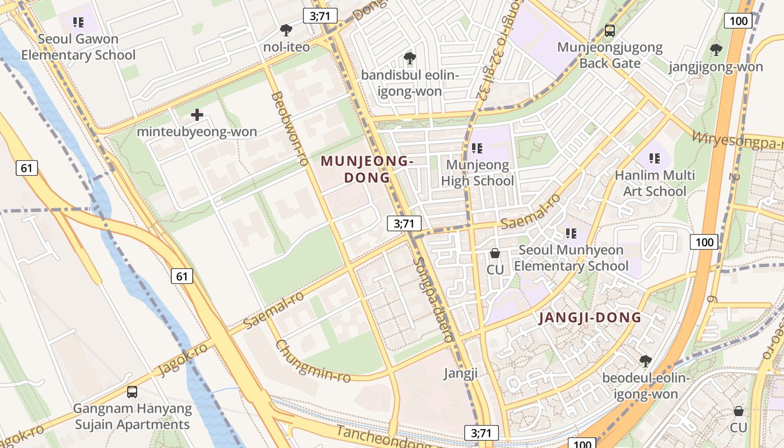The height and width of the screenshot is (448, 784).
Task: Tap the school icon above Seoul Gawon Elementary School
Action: pyautogui.click(x=78, y=22)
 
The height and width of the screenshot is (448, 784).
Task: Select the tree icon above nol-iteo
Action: pyautogui.click(x=286, y=30)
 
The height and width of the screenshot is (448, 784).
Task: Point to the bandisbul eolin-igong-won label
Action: pyautogui.click(x=410, y=83)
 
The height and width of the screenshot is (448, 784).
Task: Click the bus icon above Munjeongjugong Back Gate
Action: pyautogui.click(x=610, y=31)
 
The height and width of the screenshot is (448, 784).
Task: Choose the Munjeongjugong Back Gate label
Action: pyautogui.click(x=610, y=55)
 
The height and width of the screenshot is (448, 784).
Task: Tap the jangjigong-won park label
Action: pyautogui.click(x=716, y=67)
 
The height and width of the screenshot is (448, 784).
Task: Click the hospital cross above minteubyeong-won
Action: pyautogui.click(x=197, y=115)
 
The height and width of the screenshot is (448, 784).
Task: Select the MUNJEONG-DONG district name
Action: pyautogui.click(x=367, y=169)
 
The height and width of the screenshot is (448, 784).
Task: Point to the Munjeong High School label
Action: pyautogui.click(x=477, y=172)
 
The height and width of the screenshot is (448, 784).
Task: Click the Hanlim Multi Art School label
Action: pyautogui.click(x=655, y=183)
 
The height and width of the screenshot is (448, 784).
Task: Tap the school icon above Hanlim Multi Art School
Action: pyautogui.click(x=654, y=158)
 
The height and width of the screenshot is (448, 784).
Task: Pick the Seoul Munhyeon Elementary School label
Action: pyautogui.click(x=571, y=258)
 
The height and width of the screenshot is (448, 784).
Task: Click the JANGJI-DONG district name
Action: pyautogui.click(x=590, y=318)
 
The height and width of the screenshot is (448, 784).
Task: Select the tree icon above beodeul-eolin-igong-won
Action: pyautogui.click(x=646, y=360)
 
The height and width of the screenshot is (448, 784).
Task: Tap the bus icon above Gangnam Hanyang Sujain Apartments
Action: pyautogui.click(x=132, y=392)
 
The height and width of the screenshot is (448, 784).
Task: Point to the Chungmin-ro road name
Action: pyautogui.click(x=313, y=361)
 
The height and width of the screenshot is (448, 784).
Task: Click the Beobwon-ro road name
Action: pyautogui.click(x=290, y=129)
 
